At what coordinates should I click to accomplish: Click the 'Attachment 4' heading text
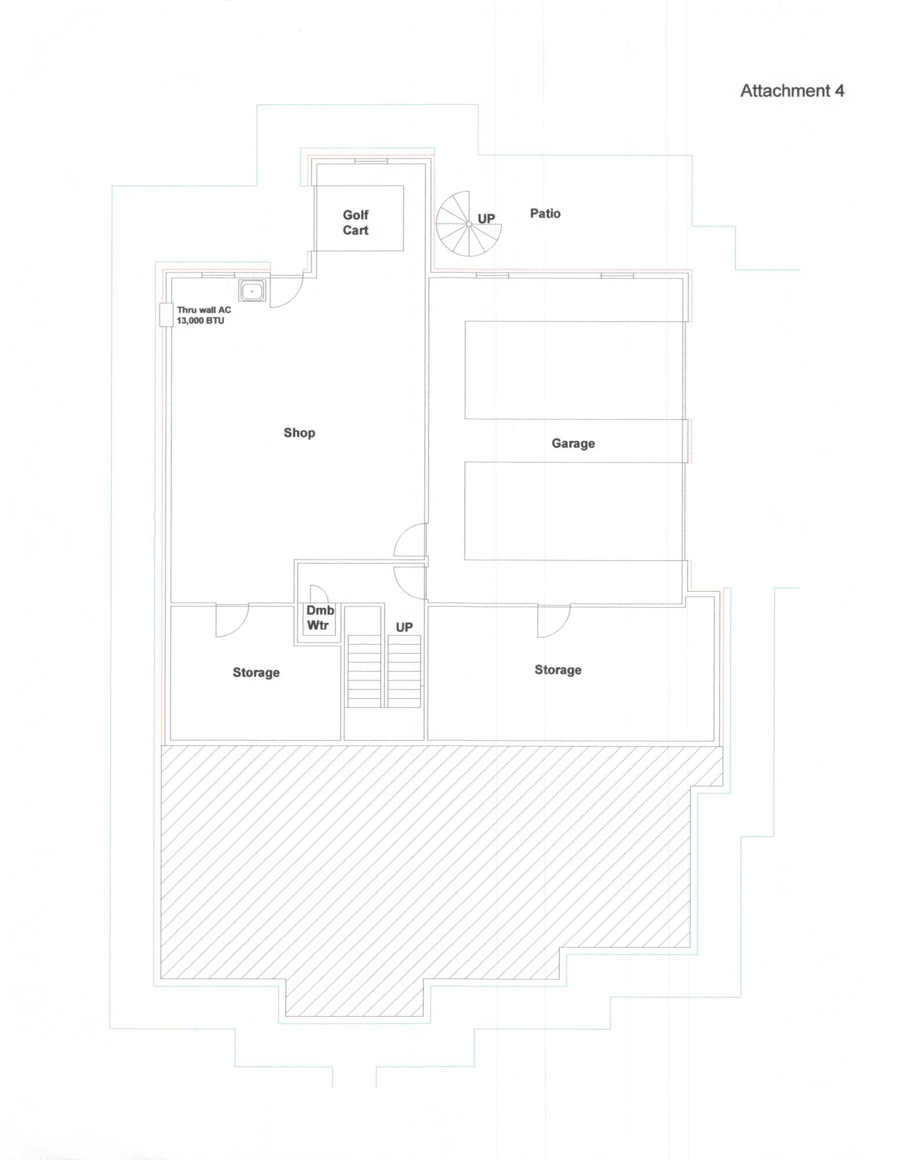pyautogui.click(x=792, y=90)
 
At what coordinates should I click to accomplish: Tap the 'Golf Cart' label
pyautogui.click(x=355, y=223)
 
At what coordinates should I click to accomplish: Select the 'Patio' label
pyautogui.click(x=545, y=213)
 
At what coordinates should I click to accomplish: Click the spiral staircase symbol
pyautogui.click(x=468, y=224)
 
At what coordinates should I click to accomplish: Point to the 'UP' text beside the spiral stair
pyautogui.click(x=486, y=218)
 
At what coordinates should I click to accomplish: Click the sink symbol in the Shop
pyautogui.click(x=252, y=291)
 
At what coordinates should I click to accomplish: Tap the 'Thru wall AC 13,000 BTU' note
pyautogui.click(x=203, y=316)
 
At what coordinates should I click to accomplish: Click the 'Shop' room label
pyautogui.click(x=299, y=433)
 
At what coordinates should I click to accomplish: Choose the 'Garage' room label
pyautogui.click(x=573, y=444)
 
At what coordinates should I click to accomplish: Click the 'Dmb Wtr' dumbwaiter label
pyautogui.click(x=319, y=618)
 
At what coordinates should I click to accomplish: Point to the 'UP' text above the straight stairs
pyautogui.click(x=404, y=628)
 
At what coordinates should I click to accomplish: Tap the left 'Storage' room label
pyautogui.click(x=256, y=673)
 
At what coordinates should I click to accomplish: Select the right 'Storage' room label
pyautogui.click(x=558, y=670)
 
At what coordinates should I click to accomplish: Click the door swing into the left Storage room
pyautogui.click(x=231, y=621)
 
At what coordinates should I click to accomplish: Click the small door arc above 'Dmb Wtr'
pyautogui.click(x=318, y=594)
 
